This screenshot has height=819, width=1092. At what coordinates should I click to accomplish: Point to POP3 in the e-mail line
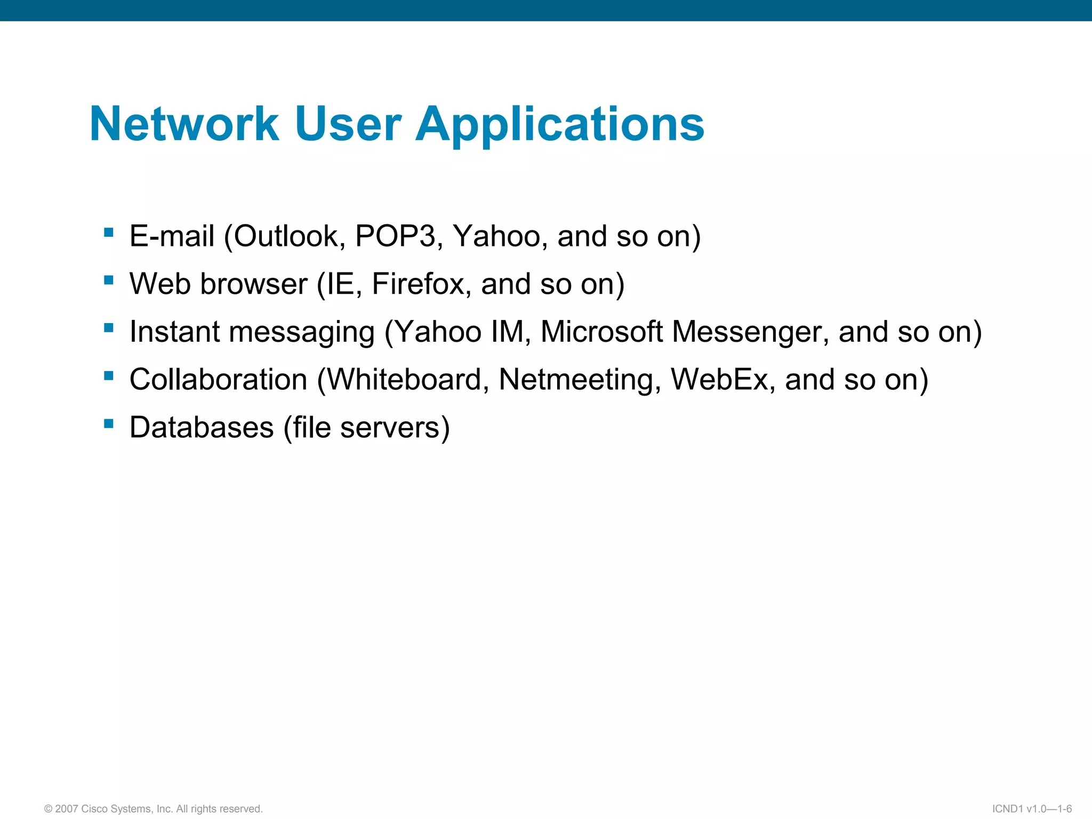[x=396, y=236]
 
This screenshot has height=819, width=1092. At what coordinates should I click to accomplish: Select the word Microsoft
[x=601, y=332]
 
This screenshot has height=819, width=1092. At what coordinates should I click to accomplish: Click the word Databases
[x=202, y=428]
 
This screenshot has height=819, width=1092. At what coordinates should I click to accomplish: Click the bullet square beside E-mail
[x=109, y=232]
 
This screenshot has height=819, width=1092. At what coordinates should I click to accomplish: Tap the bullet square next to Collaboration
[x=109, y=375]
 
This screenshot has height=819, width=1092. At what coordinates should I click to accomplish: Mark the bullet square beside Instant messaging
[x=109, y=327]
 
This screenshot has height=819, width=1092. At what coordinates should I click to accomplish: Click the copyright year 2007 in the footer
[x=67, y=809]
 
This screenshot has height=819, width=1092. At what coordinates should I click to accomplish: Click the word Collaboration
[x=219, y=380]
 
